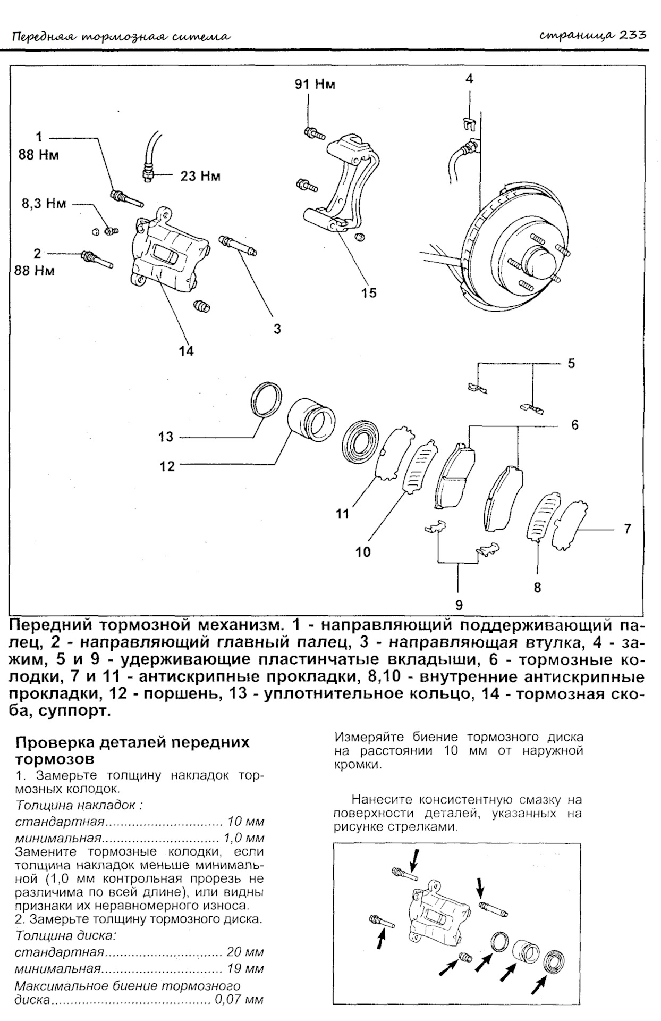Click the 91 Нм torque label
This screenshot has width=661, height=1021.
tap(315, 84)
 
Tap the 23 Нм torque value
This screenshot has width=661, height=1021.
tap(200, 175)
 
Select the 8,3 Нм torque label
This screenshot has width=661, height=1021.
tap(44, 204)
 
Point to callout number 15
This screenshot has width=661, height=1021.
tap(368, 292)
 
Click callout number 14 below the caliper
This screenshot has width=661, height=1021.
tap(186, 351)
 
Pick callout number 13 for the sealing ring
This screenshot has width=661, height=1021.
tap(166, 437)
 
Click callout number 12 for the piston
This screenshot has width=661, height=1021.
tap(167, 466)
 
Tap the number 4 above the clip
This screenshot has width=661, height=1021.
tap(469, 79)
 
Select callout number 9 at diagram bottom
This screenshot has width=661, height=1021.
tap(459, 605)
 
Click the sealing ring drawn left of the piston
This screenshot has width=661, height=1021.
tap(266, 399)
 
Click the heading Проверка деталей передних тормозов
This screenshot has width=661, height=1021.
tap(133, 749)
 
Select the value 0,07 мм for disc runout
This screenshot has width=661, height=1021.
tap(239, 1000)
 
